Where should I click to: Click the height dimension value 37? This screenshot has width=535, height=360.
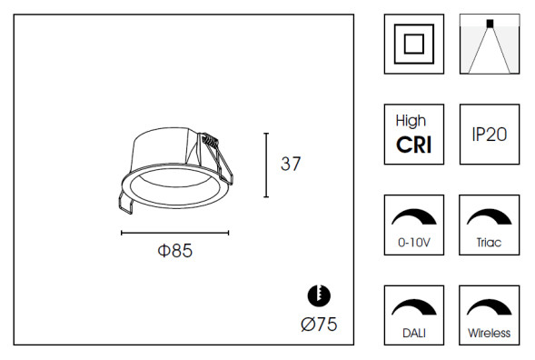click(291, 165)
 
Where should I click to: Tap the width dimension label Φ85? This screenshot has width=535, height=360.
click(174, 252)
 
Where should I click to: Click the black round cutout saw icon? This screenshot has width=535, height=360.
click(319, 295)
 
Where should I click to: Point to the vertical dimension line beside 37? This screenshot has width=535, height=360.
click(265, 165)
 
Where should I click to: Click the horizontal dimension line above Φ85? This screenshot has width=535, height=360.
click(174, 233)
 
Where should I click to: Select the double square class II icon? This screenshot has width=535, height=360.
click(414, 44)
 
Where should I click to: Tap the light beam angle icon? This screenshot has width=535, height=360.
click(490, 44)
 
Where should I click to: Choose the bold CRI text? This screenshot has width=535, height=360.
click(413, 145)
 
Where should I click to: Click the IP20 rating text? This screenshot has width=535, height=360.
click(490, 134)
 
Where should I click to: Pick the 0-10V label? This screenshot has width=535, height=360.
click(413, 245)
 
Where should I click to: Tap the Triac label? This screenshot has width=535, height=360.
click(490, 245)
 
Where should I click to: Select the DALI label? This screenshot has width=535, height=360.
click(413, 334)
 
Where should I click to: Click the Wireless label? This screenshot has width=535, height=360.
click(490, 334)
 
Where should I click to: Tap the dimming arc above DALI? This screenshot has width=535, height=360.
click(413, 305)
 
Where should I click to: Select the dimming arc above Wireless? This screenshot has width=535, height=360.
click(490, 305)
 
